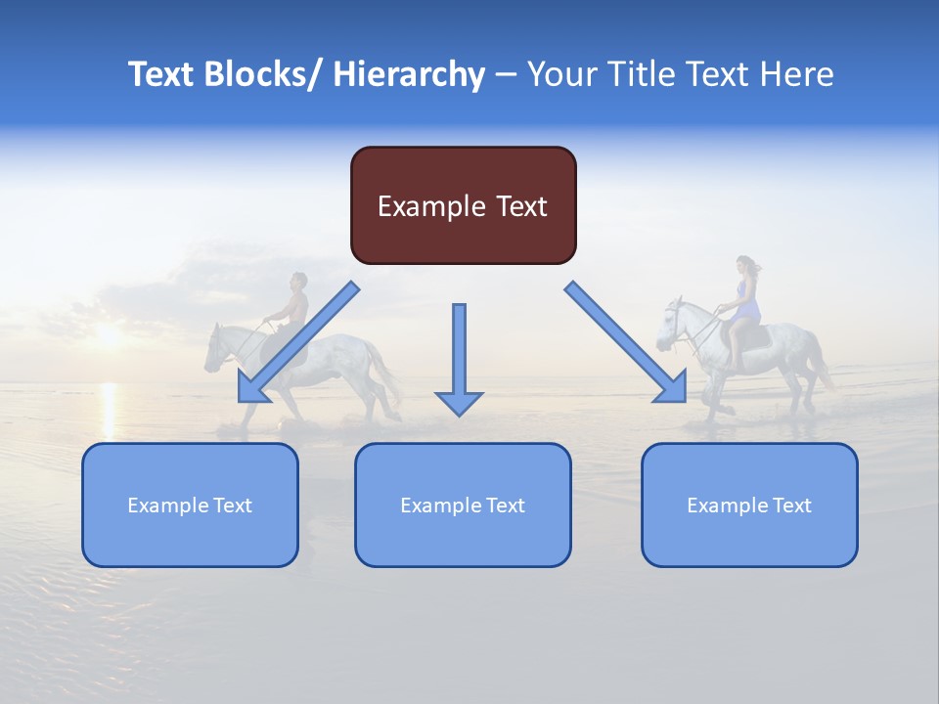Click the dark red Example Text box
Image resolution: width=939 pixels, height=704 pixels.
coord(463,205)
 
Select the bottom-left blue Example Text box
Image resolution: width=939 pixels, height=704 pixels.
coord(190,505)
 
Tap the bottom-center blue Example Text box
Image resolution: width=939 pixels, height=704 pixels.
coord(463,505)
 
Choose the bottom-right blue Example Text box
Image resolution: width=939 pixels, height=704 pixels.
coord(749,505)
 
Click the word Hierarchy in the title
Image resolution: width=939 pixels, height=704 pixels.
coord(409,74)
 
